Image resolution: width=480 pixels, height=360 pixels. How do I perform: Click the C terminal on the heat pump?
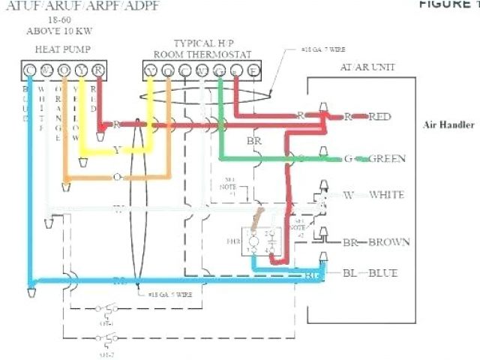pyautogui.click(x=30, y=70)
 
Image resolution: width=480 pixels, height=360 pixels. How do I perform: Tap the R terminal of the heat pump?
pyautogui.click(x=97, y=70)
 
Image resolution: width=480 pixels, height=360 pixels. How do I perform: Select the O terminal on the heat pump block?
pyautogui.click(x=64, y=70)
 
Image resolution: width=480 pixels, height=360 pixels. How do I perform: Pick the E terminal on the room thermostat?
pyautogui.click(x=253, y=70)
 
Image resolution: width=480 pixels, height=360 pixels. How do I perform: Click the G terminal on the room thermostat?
pyautogui.click(x=218, y=70)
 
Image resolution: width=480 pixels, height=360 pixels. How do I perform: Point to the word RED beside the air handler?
pyautogui.click(x=379, y=116)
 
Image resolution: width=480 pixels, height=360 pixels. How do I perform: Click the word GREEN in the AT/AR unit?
pyautogui.click(x=388, y=158)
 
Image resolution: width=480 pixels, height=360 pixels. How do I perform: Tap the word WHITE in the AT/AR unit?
pyautogui.click(x=386, y=195)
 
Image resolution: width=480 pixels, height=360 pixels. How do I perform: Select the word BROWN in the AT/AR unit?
pyautogui.click(x=388, y=242)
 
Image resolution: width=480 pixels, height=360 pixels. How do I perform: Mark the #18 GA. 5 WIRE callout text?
pyautogui.click(x=171, y=295)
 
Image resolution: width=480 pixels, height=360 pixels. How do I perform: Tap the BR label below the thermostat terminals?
pyautogui.click(x=253, y=141)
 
